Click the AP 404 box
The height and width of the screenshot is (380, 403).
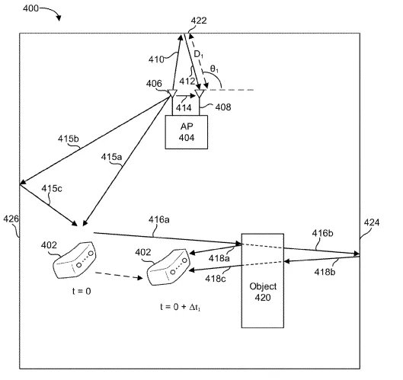click(x=187, y=132)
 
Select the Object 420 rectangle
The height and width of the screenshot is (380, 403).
click(x=263, y=280)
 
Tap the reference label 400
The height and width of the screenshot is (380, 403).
click(x=30, y=8)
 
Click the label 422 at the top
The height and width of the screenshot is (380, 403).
click(x=199, y=21)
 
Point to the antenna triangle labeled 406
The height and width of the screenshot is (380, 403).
click(x=172, y=93)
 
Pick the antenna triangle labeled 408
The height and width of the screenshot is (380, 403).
click(x=200, y=93)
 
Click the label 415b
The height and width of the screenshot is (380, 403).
click(x=68, y=139)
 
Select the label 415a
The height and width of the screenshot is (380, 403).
click(x=111, y=157)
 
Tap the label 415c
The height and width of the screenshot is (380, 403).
click(x=52, y=189)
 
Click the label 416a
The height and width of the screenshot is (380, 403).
click(x=158, y=219)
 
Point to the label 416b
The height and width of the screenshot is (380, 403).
click(x=322, y=233)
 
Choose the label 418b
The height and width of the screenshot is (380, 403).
click(x=325, y=272)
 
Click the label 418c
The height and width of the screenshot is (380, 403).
click(x=216, y=279)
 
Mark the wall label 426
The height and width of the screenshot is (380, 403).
click(x=11, y=219)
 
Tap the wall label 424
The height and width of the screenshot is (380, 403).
click(x=372, y=222)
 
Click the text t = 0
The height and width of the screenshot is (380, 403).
click(x=82, y=291)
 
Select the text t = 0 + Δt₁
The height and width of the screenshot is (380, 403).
click(x=180, y=307)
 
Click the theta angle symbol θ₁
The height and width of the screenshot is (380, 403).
click(x=214, y=69)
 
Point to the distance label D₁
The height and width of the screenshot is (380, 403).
click(x=198, y=55)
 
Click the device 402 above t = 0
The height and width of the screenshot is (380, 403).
click(x=75, y=260)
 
